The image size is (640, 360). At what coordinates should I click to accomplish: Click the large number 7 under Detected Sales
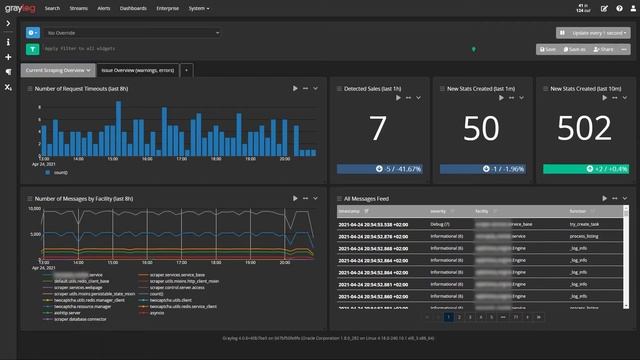(376, 129)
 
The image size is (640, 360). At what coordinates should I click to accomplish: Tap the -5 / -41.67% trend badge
(377, 169)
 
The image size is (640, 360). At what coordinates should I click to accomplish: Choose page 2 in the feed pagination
(463, 316)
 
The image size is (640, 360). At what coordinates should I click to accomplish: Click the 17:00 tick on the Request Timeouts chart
(182, 158)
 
